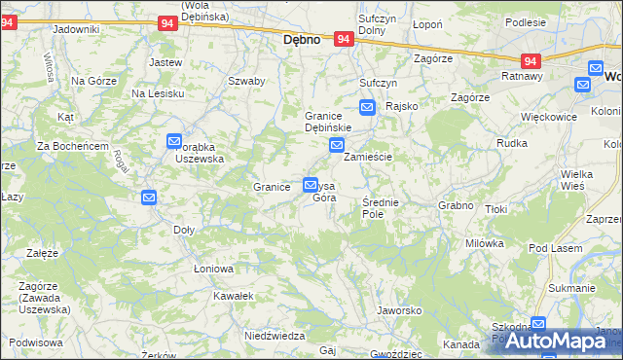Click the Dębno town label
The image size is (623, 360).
302,41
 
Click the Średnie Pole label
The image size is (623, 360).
379,207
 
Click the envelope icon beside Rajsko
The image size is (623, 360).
367,108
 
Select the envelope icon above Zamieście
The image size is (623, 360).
336,147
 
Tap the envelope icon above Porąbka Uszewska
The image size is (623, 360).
174,141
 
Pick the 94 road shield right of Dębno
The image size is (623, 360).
343,39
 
